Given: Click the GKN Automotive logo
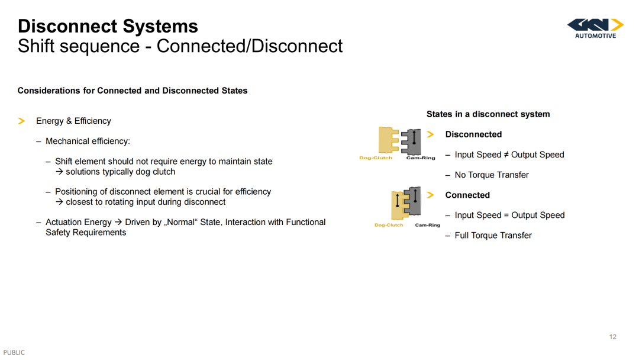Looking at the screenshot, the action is point(595,28).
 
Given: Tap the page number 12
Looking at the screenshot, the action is point(613,337).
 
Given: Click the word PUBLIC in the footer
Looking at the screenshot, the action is point(14,353).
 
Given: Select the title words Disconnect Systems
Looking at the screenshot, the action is point(108,26).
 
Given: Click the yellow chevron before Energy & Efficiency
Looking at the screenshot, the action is point(22,121).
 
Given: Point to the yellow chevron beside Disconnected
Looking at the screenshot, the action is point(430,134).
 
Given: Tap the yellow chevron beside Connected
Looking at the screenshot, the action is point(430,195).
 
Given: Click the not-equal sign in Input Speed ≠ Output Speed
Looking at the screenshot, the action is point(506,155).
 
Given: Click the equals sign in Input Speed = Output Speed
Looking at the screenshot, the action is point(506,216).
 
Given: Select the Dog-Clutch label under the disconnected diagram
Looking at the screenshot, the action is point(376,157).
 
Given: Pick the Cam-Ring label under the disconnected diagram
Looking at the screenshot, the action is point(421,157).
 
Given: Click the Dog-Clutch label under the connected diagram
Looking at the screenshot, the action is point(389,225).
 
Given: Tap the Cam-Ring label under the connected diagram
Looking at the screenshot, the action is point(428,225).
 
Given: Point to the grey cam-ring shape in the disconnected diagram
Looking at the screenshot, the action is point(412,142).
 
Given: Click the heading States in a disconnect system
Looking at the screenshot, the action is point(488,114).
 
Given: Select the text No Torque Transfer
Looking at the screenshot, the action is point(492,175).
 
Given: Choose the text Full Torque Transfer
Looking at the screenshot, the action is point(493,236).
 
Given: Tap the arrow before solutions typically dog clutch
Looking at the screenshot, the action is point(60,172).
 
